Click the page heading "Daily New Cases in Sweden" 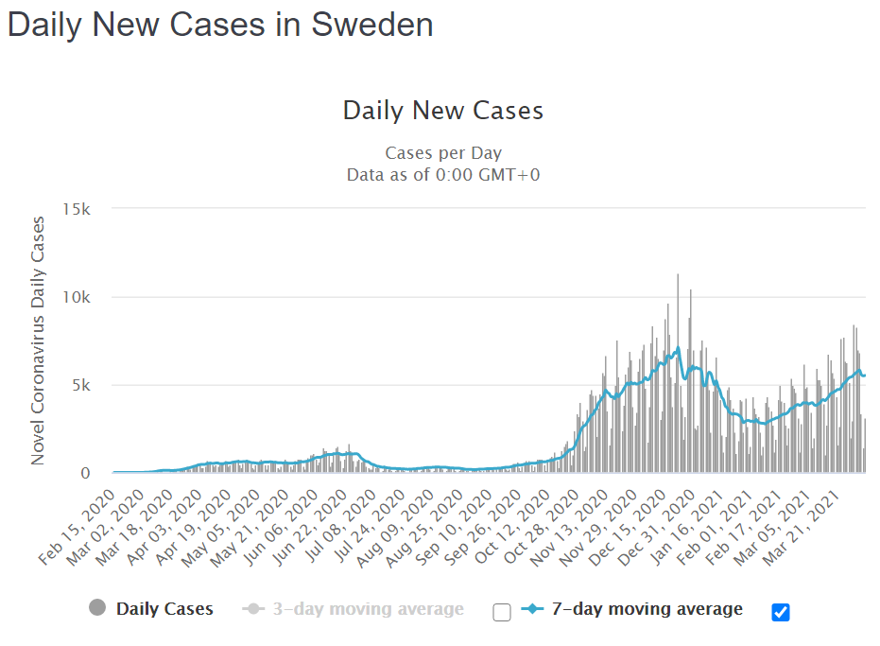click(x=220, y=25)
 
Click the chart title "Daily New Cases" click(x=442, y=111)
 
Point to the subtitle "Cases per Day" click(x=442, y=153)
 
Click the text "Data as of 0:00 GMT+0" click(x=442, y=174)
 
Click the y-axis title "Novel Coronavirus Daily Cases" click(x=39, y=340)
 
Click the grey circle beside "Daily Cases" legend click(x=97, y=608)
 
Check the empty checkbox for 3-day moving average click(x=502, y=612)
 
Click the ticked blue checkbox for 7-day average click(x=780, y=612)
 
